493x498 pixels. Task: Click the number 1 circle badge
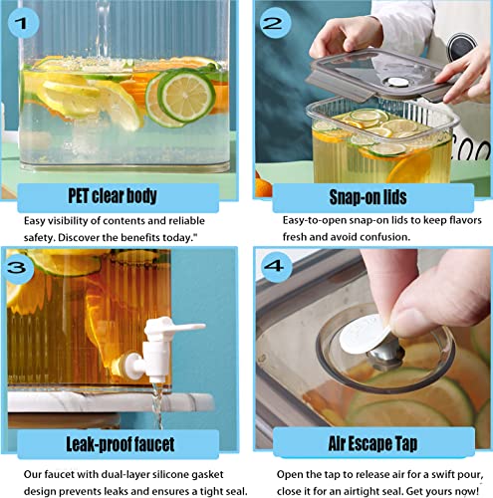click(x=23, y=24)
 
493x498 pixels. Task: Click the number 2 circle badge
click(x=274, y=23)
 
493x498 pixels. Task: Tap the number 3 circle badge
click(x=19, y=267)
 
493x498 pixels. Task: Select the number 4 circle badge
click(x=275, y=266)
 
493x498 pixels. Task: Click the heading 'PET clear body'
click(x=113, y=196)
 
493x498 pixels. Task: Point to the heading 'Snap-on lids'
click(x=368, y=197)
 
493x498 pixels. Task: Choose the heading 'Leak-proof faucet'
click(x=121, y=444)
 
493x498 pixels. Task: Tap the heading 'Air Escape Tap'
click(x=372, y=443)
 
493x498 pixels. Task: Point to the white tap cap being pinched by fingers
click(x=366, y=334)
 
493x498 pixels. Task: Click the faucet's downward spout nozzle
click(x=158, y=377)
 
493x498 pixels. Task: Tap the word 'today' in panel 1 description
click(x=175, y=238)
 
